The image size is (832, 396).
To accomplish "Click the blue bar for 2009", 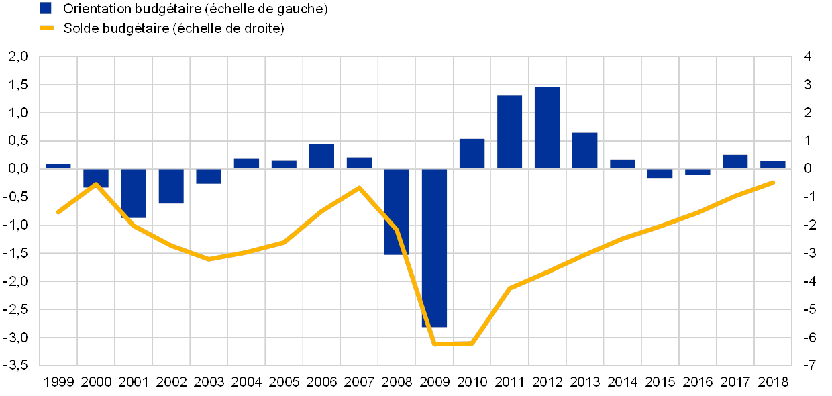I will pyautogui.click(x=434, y=248).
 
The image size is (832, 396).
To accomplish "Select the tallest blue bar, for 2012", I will pyautogui.click(x=547, y=128).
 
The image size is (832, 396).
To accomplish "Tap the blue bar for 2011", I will pyautogui.click(x=509, y=132).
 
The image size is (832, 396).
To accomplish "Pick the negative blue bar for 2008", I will pyautogui.click(x=397, y=211).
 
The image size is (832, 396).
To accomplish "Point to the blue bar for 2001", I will pyautogui.click(x=134, y=193).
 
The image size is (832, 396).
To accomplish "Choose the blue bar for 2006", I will pyautogui.click(x=321, y=156).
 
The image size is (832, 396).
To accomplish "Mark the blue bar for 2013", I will pyautogui.click(x=584, y=150).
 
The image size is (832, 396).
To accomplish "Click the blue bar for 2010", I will pyautogui.click(x=472, y=153).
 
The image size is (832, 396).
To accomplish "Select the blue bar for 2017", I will pyautogui.click(x=735, y=161).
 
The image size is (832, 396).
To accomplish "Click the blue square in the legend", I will pyautogui.click(x=46, y=8).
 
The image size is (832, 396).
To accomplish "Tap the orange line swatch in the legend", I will pyautogui.click(x=46, y=28).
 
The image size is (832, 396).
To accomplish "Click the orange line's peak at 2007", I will pyautogui.click(x=359, y=187).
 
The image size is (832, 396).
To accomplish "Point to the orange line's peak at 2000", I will pyautogui.click(x=96, y=183).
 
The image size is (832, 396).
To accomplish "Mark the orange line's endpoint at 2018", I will pyautogui.click(x=774, y=182).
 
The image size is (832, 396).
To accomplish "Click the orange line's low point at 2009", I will pyautogui.click(x=435, y=344).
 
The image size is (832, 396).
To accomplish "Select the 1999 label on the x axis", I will pyautogui.click(x=58, y=381).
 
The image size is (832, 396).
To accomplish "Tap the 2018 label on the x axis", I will pyautogui.click(x=773, y=381).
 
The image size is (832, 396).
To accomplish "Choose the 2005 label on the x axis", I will pyautogui.click(x=284, y=381).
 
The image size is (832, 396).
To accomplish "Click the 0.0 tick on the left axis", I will pyautogui.click(x=19, y=169).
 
